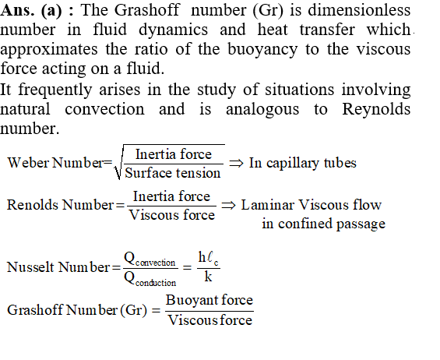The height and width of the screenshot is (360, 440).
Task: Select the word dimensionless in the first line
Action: click(x=359, y=10)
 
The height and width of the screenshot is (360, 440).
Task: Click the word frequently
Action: click(x=55, y=90)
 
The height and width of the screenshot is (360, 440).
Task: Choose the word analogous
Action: click(x=262, y=110)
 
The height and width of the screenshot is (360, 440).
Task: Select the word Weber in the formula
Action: click(x=28, y=163)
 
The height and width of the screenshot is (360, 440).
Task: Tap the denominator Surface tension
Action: click(x=173, y=173)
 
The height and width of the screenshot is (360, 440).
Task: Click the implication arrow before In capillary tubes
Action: click(x=236, y=163)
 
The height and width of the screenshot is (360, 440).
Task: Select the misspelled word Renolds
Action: click(x=32, y=205)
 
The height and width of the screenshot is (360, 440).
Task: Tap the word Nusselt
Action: click(x=30, y=267)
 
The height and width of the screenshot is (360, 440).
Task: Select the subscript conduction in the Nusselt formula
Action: click(x=156, y=283)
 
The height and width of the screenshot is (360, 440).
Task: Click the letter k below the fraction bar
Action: click(x=208, y=277)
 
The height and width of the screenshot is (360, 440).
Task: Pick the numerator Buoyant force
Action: click(x=209, y=300)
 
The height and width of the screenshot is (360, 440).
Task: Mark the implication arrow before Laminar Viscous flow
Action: click(x=228, y=205)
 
